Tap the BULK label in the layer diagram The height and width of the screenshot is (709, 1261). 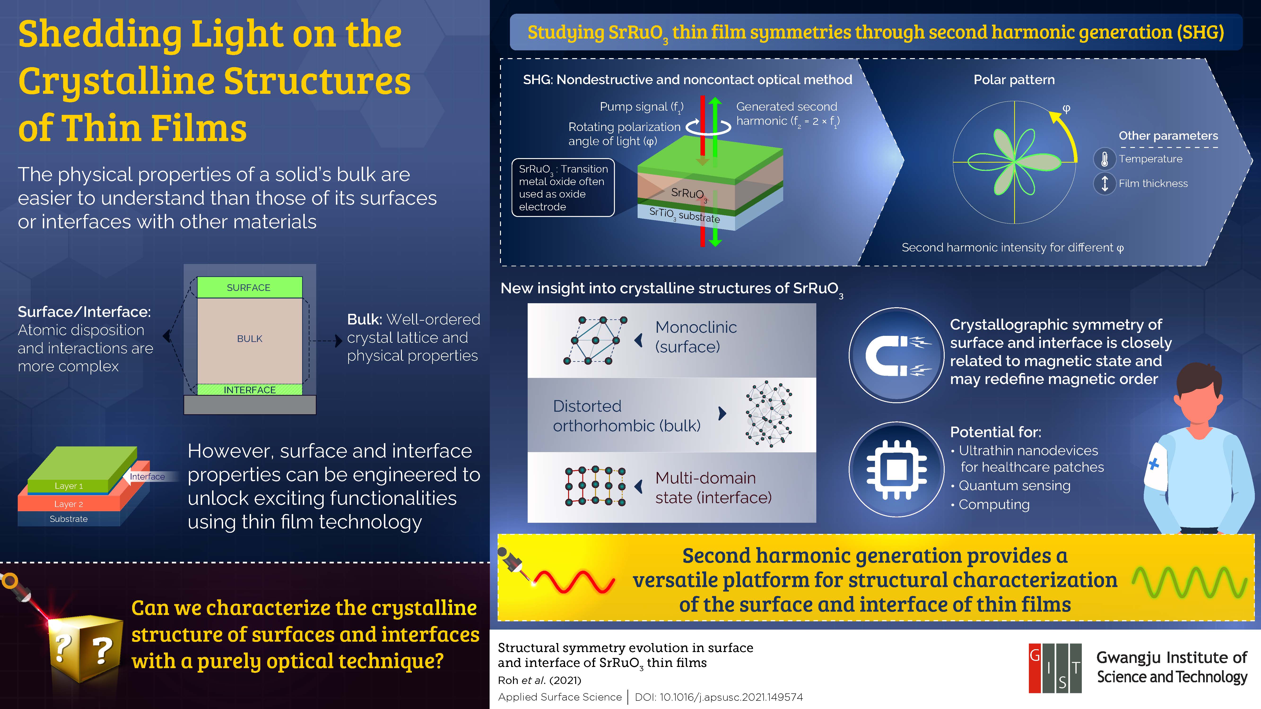tap(250, 339)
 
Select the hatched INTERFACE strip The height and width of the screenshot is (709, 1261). tap(250, 389)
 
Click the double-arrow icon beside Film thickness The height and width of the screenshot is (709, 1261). tap(1105, 183)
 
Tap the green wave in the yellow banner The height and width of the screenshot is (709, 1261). tap(1190, 582)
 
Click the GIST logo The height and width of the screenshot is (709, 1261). tap(1055, 668)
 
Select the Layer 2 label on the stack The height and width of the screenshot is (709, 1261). tap(69, 504)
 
